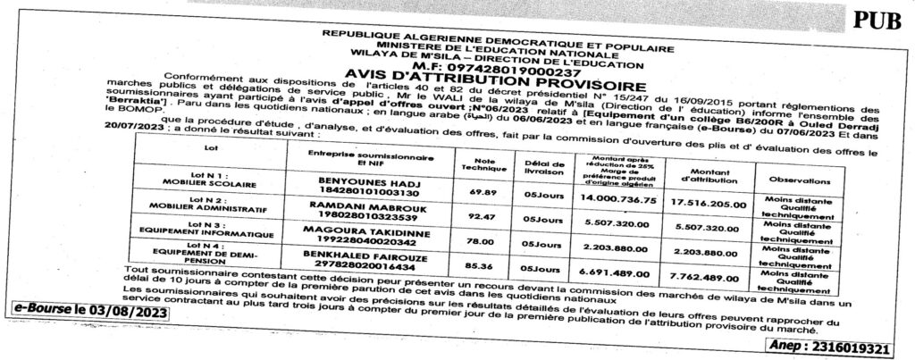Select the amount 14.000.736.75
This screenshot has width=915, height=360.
click(x=618, y=201)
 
